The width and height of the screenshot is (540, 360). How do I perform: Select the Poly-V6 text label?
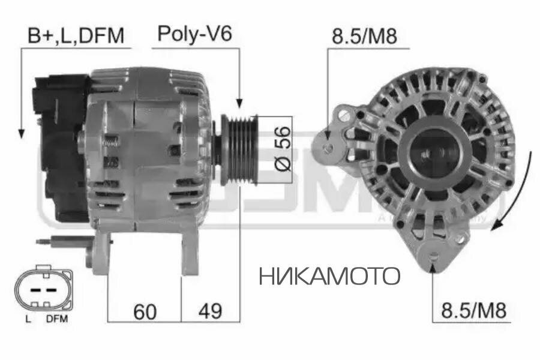point(194,34)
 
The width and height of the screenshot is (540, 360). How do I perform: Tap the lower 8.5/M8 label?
point(474,311)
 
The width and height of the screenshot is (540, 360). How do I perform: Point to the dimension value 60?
point(145,311)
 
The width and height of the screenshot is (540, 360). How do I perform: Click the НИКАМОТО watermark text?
point(329,276)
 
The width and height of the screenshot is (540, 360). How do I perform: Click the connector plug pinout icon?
point(45,288)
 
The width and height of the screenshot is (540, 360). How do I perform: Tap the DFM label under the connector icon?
point(58,319)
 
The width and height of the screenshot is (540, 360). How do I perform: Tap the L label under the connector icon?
point(28,319)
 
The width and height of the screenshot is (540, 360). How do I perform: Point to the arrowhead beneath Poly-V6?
point(239,103)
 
